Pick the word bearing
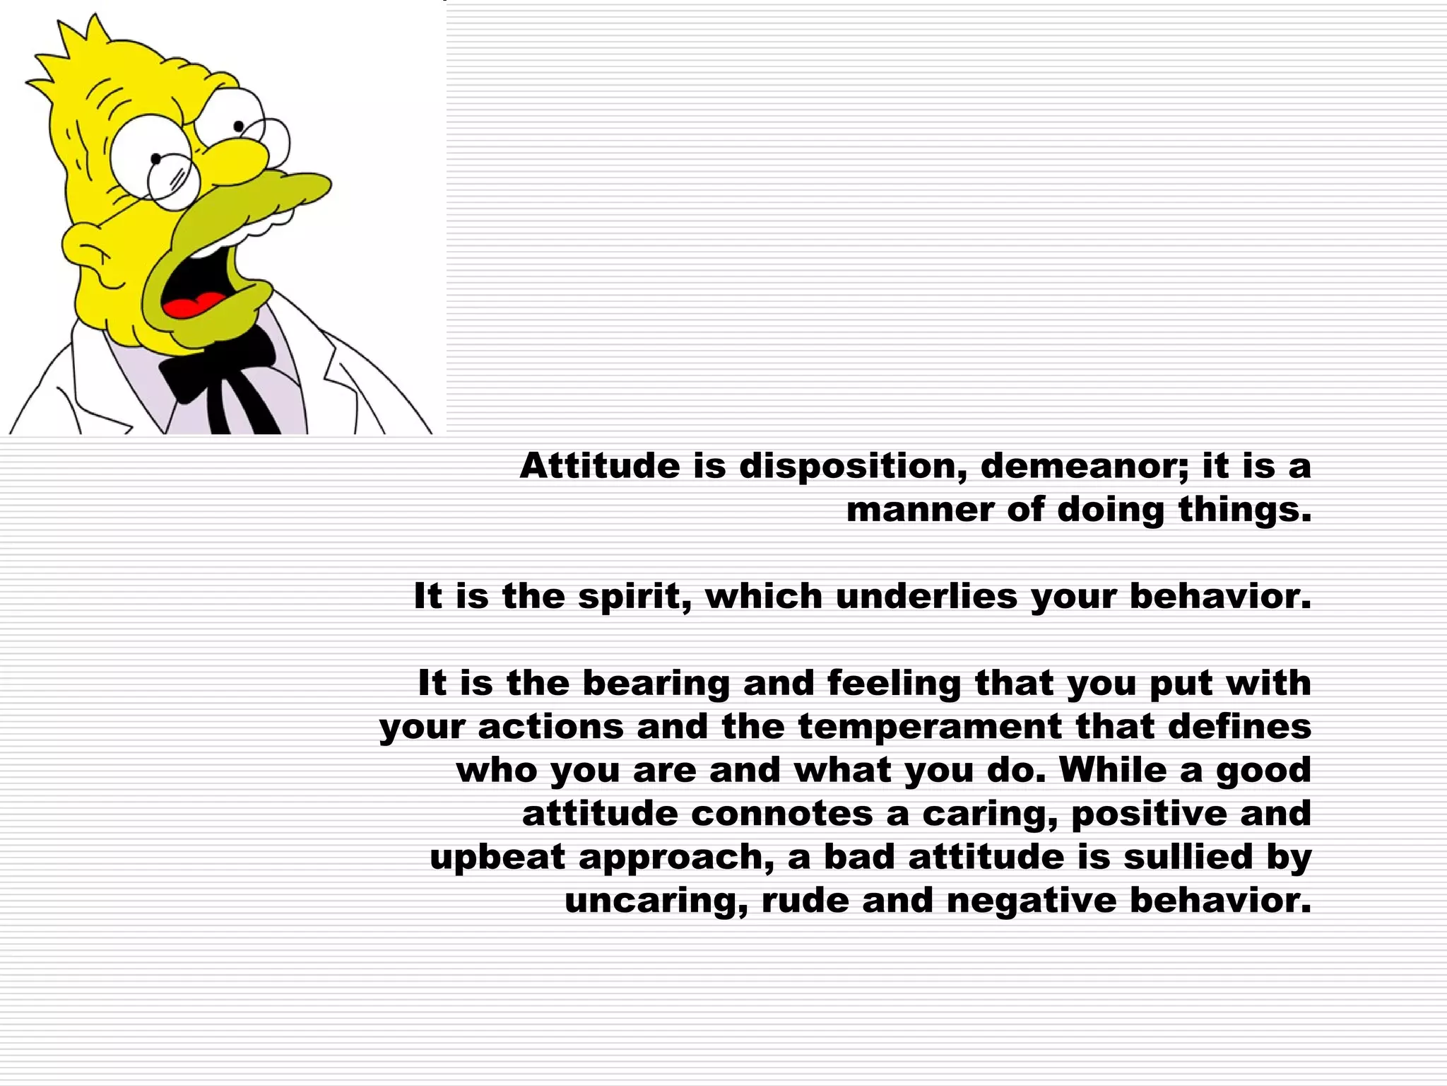tap(656, 684)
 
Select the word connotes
tap(781, 814)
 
